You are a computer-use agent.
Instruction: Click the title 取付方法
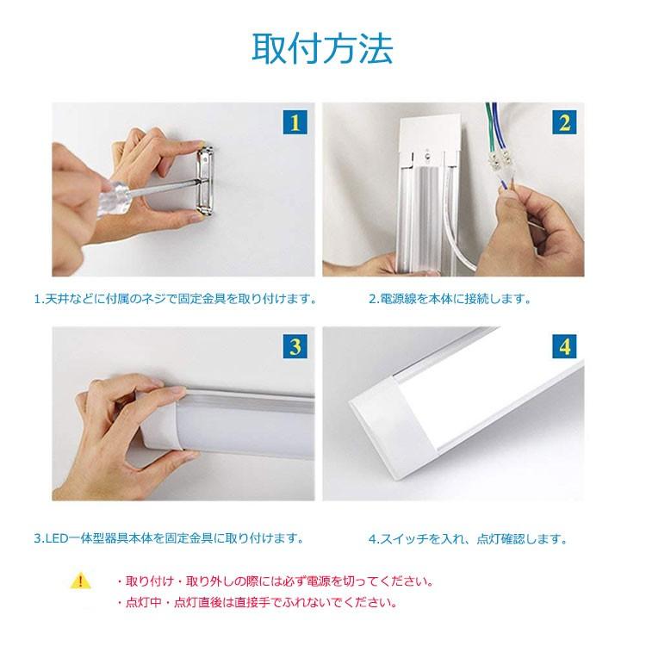click(x=322, y=49)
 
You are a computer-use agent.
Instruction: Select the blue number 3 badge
click(x=295, y=348)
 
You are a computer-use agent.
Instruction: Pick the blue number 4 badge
click(x=564, y=348)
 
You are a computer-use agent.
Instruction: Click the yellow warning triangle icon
click(x=80, y=581)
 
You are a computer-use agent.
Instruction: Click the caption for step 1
click(x=175, y=300)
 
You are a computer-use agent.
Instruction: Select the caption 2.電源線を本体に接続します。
click(x=450, y=300)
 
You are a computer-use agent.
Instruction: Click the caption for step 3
click(x=169, y=539)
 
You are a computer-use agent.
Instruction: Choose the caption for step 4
click(x=468, y=540)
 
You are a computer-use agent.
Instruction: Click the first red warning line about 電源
click(x=274, y=581)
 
